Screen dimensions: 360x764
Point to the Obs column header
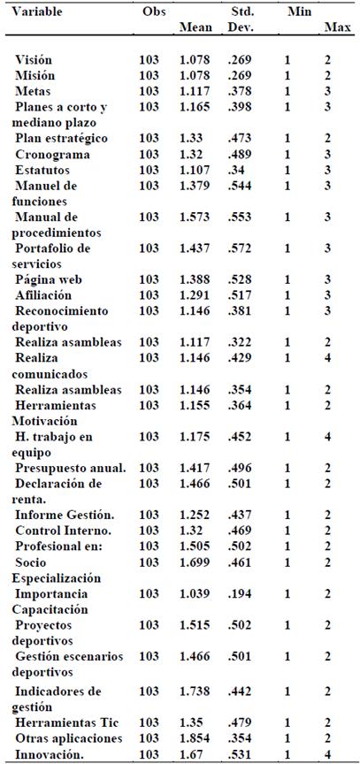153,12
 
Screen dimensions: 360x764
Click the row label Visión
35,59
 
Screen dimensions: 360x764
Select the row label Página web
50,279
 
